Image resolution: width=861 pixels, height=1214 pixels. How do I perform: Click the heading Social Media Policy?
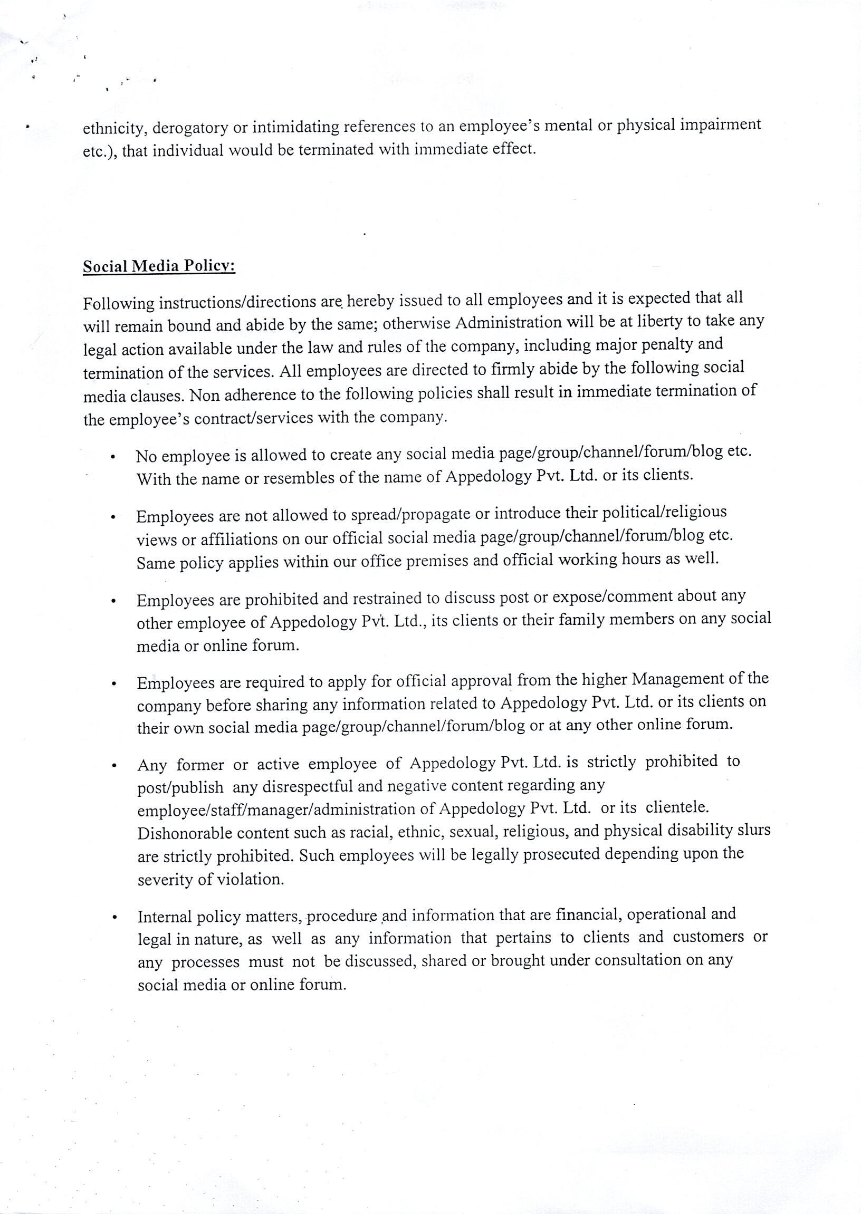[x=158, y=265]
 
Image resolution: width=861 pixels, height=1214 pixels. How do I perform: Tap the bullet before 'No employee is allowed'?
[x=113, y=457]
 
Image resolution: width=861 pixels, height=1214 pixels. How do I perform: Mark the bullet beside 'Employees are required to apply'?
[x=113, y=684]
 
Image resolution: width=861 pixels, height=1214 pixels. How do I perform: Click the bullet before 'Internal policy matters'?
[x=114, y=917]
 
